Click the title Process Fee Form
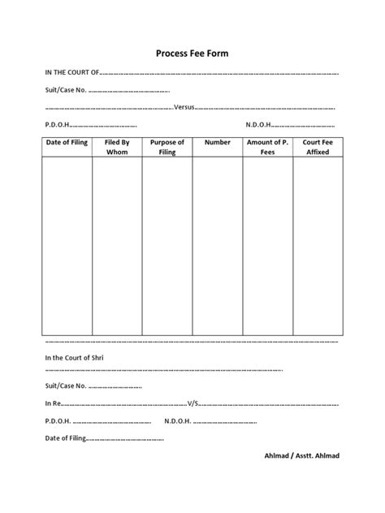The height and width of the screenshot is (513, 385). click(x=192, y=54)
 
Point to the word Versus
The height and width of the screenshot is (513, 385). click(x=185, y=107)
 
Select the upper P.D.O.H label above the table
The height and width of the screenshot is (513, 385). click(x=58, y=125)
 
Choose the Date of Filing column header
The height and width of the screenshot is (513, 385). click(x=67, y=142)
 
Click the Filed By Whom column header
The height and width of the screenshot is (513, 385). click(x=118, y=147)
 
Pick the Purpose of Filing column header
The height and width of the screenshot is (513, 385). click(x=167, y=147)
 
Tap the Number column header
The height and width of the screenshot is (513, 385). click(x=218, y=142)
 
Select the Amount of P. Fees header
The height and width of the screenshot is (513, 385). click(x=267, y=147)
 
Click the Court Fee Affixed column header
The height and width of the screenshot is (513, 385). click(x=318, y=147)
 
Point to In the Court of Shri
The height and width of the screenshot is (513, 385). click(x=75, y=357)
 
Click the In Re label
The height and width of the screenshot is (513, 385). click(x=53, y=403)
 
